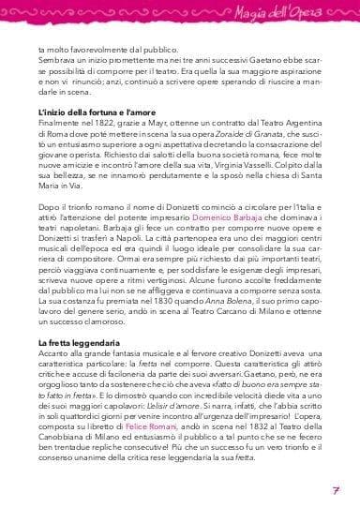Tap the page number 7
pyautogui.click(x=335, y=491)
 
